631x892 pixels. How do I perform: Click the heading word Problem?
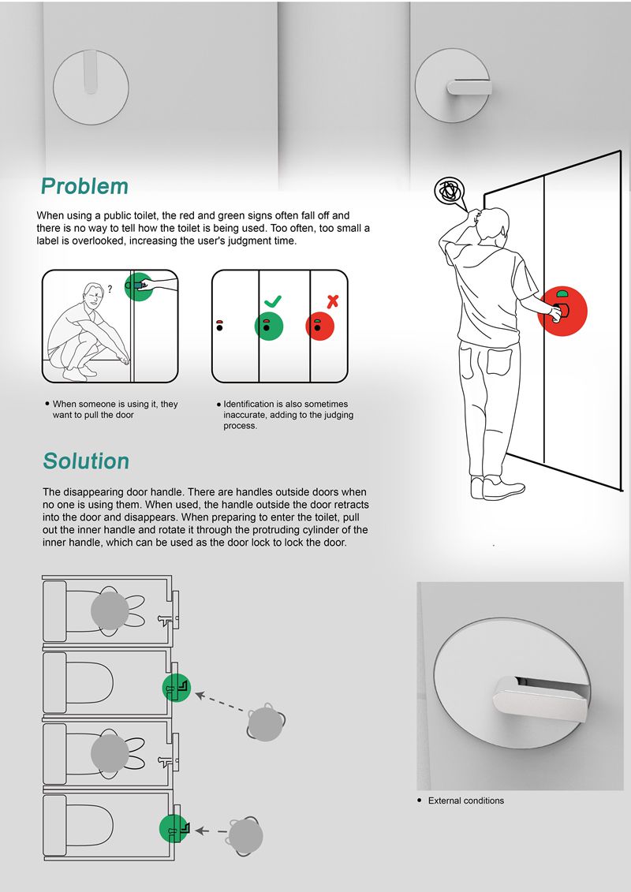tap(84, 186)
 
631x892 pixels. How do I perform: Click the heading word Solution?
tap(86, 461)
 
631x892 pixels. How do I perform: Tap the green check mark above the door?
tap(273, 301)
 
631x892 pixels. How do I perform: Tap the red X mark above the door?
tap(332, 301)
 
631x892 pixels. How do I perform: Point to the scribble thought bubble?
tap(450, 191)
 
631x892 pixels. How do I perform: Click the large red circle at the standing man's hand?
tap(562, 311)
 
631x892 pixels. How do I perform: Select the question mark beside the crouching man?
tap(110, 289)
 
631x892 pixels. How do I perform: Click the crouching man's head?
tap(93, 294)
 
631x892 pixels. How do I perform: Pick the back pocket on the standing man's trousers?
tap(499, 362)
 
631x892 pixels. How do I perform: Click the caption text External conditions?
tap(466, 801)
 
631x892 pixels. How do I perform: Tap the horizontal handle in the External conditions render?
tap(539, 699)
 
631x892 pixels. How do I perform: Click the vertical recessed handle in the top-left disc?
tap(91, 72)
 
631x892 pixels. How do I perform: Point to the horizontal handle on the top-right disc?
tap(469, 87)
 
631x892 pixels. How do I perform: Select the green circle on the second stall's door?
tap(177, 687)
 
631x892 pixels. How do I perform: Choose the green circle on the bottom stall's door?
tap(174, 828)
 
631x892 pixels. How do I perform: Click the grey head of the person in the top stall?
tap(110, 610)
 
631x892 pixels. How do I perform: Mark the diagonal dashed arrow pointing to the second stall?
tap(222, 702)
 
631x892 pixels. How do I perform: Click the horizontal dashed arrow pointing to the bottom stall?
tap(211, 831)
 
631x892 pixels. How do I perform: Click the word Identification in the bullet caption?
tap(248, 404)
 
